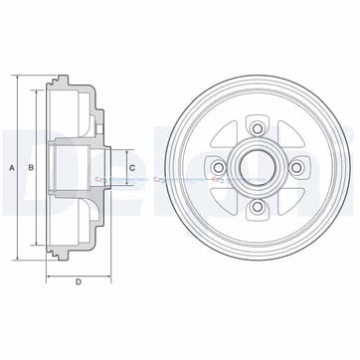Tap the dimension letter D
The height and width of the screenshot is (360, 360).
[x=78, y=282]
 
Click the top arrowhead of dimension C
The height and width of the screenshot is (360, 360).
[x=120, y=147]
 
